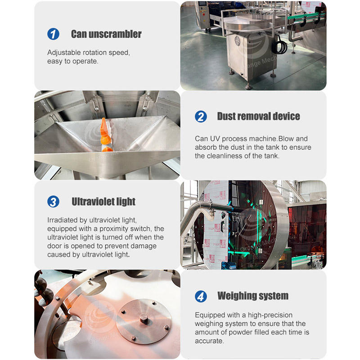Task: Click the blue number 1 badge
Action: pyautogui.click(x=53, y=34)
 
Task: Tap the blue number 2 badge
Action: pyautogui.click(x=201, y=117)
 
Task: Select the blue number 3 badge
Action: pyautogui.click(x=53, y=202)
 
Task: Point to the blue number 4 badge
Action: pyautogui.click(x=201, y=296)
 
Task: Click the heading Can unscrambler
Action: pyautogui.click(x=106, y=34)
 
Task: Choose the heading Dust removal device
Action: pyautogui.click(x=258, y=117)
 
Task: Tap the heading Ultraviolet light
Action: pyautogui.click(x=103, y=202)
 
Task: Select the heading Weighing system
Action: pyautogui.click(x=253, y=296)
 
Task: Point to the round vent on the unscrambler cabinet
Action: pyautogui.click(x=238, y=40)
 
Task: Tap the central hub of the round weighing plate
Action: pyautogui.click(x=144, y=319)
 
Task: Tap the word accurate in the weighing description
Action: pyautogui.click(x=209, y=341)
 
